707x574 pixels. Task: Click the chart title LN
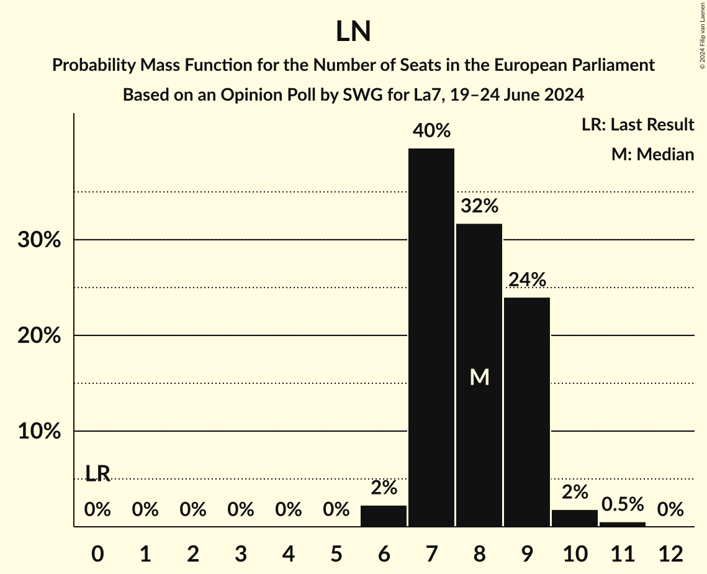(353, 32)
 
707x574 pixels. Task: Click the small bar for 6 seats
(384, 516)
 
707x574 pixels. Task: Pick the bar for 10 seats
(575, 518)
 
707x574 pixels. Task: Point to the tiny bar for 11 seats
(623, 524)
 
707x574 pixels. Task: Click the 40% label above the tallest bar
(431, 131)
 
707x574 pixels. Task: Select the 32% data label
(479, 206)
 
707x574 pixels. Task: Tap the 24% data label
(527, 280)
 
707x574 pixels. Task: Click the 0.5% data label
(623, 504)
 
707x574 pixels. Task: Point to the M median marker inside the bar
(479, 377)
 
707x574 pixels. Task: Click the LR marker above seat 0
(97, 474)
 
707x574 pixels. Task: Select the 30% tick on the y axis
(38, 240)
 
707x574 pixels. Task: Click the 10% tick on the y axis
(38, 432)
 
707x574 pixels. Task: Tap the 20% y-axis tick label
(38, 336)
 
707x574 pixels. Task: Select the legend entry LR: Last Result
(637, 125)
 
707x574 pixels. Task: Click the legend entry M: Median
(652, 154)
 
